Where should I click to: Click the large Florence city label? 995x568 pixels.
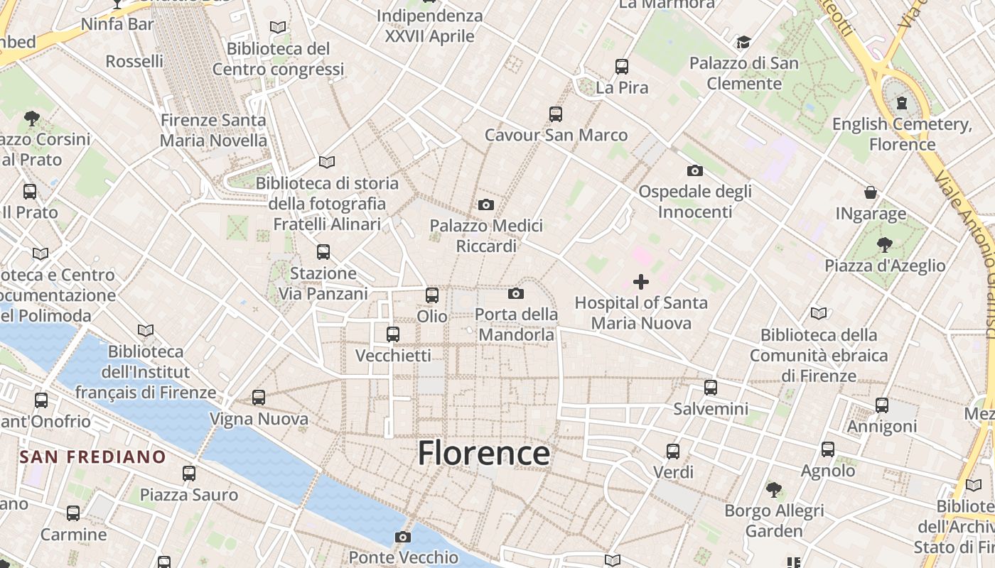coord(483,453)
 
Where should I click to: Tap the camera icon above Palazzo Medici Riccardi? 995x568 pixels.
coord(486,205)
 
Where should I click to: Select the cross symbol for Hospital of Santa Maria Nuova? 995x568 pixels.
coord(641,282)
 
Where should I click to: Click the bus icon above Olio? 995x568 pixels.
coord(432,295)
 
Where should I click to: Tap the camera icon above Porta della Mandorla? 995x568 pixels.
coord(516,294)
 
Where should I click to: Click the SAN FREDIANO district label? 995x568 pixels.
coord(92,457)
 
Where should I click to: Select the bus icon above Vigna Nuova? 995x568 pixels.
coord(259,398)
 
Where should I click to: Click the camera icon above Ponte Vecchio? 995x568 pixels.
coord(403,537)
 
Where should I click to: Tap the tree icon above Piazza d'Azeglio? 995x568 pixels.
coord(885,245)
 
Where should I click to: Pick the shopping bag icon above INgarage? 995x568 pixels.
coord(871,192)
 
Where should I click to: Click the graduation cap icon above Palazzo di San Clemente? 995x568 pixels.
coord(743,43)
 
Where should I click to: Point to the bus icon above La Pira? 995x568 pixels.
coord(622,67)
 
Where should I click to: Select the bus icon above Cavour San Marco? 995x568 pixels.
coord(556,114)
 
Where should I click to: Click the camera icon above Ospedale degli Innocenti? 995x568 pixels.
coord(695,171)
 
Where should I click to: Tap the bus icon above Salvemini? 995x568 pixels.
coord(711,388)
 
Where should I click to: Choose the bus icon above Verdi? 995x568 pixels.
coord(673,451)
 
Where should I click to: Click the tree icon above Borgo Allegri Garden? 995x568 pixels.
coord(774,489)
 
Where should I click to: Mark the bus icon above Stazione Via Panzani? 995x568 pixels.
coord(323,252)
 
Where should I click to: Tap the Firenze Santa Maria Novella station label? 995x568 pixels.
coord(213,130)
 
